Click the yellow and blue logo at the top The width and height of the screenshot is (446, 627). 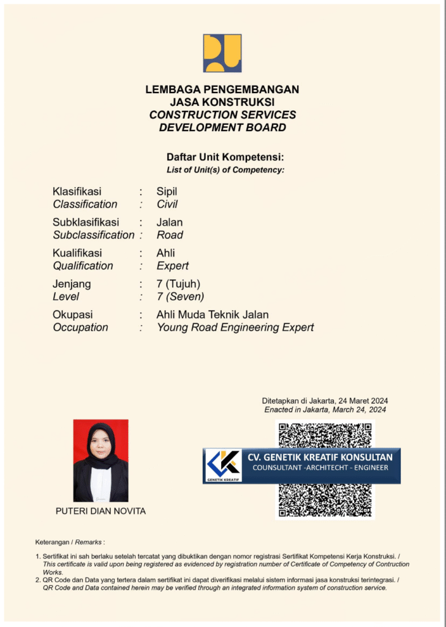coord(222,53)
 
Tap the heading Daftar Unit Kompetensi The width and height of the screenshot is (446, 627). coord(225,157)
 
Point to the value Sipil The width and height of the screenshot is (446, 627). coord(167,192)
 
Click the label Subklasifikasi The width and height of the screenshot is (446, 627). coord(86,222)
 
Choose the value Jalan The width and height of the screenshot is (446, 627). coord(170,222)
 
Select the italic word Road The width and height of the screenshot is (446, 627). coord(170,235)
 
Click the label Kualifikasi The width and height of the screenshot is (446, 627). coord(77,253)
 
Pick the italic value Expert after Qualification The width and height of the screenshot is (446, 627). coord(173,266)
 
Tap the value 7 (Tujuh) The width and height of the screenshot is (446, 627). coord(178,284)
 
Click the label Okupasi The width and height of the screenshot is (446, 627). coord(73,315)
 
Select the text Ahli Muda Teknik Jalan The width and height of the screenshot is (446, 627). coord(213,315)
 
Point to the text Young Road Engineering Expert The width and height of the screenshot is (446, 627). coord(235,328)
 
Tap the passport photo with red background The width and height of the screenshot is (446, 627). coord(101,460)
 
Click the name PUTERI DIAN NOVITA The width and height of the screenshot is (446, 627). coord(101,511)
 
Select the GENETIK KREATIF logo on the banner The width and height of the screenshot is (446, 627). coord(223,465)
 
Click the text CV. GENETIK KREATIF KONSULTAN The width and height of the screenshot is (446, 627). coord(320,457)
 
